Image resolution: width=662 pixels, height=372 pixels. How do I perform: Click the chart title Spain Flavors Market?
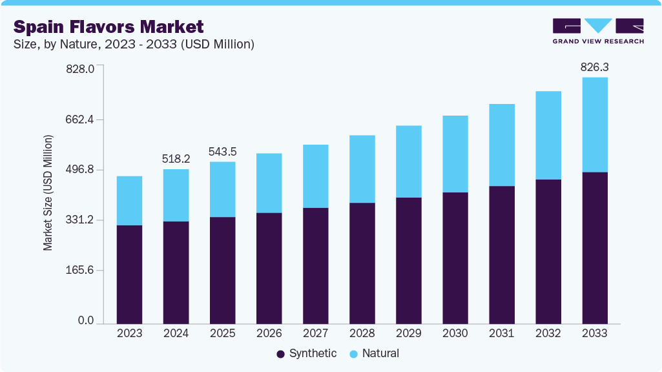109,26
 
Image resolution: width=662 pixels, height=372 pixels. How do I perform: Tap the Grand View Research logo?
597,30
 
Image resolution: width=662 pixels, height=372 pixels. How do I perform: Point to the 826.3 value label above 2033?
594,67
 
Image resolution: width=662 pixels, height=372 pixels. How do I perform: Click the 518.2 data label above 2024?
176,159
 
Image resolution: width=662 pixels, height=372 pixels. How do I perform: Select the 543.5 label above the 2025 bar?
222,152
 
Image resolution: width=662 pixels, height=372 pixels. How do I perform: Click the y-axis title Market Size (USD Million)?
48,193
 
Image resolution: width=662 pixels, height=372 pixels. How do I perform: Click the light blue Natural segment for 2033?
594,125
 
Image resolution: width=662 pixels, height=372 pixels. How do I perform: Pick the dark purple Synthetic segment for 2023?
129,274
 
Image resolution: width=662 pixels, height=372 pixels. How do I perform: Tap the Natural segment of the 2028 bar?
362,169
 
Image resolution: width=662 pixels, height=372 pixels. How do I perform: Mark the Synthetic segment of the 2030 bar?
455,258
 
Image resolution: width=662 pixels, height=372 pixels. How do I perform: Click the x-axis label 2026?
269,333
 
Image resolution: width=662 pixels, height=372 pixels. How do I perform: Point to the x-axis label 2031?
501,333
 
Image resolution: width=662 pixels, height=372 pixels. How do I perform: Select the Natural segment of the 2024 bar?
176,195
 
